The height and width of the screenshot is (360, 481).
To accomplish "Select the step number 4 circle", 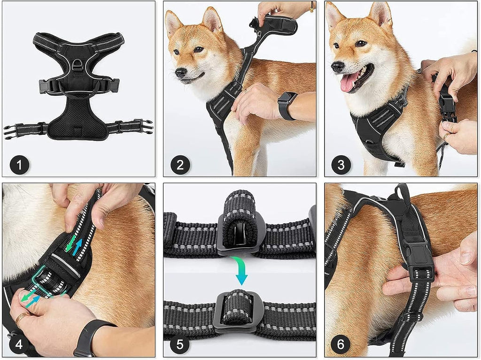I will click(x=19, y=344).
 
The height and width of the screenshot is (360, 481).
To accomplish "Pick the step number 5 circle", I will click(x=180, y=344).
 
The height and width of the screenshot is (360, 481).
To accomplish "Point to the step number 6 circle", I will click(x=341, y=344).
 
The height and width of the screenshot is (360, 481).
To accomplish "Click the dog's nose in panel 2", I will click(x=181, y=72).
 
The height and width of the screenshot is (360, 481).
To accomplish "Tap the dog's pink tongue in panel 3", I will click(x=348, y=82).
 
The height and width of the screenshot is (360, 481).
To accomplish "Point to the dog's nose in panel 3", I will click(x=337, y=67).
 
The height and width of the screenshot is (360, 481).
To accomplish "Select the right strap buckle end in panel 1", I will click(x=146, y=126).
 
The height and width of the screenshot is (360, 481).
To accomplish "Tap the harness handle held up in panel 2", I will click(x=277, y=26).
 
